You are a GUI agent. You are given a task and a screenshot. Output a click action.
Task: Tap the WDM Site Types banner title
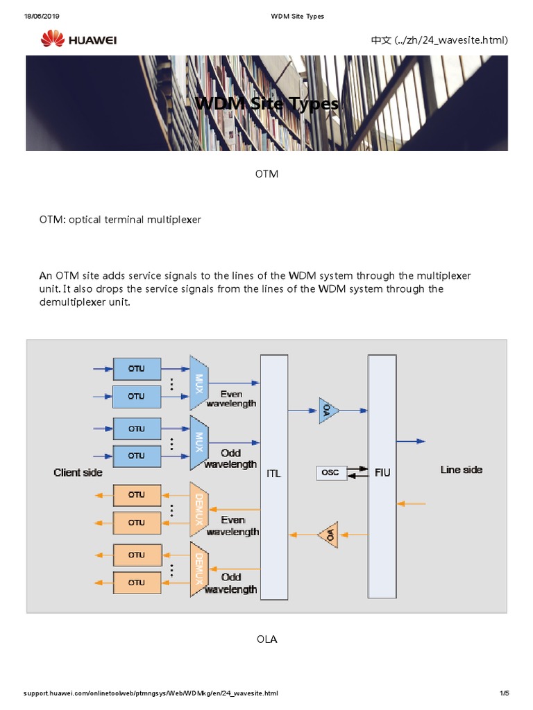click(267, 104)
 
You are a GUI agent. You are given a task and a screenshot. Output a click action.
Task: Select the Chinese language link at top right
click(439, 40)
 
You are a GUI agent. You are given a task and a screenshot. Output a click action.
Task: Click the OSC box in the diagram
click(331, 473)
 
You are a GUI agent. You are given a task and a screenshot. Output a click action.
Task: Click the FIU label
click(382, 473)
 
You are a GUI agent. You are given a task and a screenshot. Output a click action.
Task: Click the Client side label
click(78, 472)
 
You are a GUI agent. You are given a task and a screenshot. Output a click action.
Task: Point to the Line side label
click(462, 469)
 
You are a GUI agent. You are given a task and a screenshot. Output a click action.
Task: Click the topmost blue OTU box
click(137, 369)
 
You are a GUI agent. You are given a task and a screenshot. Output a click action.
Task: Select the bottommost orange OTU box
click(137, 582)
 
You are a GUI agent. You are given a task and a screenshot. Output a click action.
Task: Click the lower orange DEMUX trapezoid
click(199, 569)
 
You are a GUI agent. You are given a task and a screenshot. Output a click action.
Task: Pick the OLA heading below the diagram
click(266, 639)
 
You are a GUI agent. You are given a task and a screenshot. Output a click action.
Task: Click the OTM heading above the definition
click(266, 173)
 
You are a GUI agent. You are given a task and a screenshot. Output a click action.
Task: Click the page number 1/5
click(504, 693)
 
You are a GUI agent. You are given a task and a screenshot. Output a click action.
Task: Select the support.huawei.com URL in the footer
click(151, 693)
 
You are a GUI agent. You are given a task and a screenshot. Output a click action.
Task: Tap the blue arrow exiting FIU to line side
click(410, 441)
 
